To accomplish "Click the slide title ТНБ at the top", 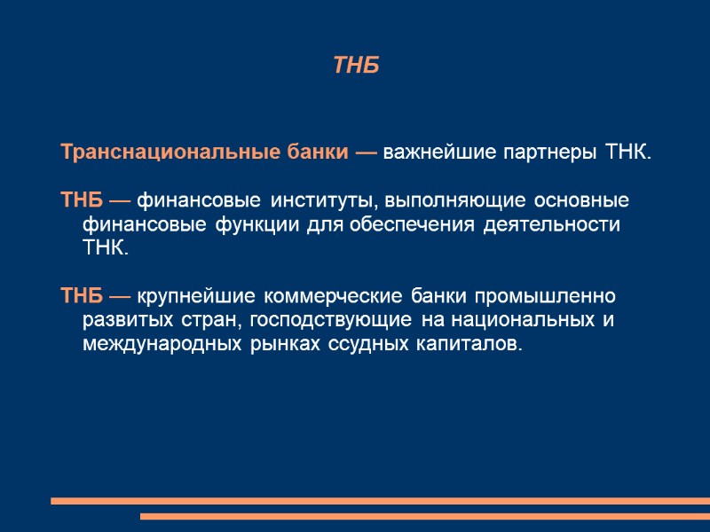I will pos(356,66).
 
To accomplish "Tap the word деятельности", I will pos(552,223).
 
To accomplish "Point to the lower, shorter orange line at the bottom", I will pos(425,516).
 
